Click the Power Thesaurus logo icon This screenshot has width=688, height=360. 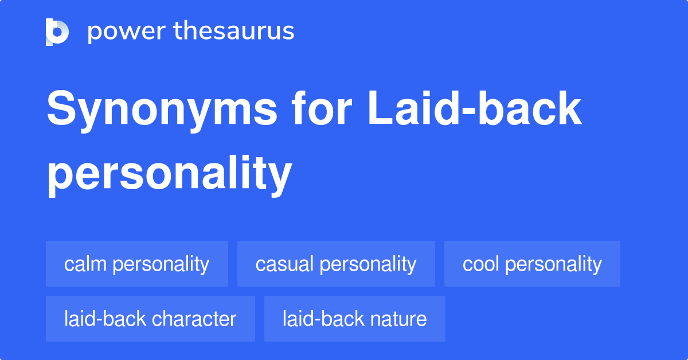(x=57, y=32)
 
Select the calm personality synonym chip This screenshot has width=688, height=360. (x=136, y=264)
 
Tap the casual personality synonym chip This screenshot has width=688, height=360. (x=336, y=264)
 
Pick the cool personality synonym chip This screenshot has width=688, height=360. (x=532, y=264)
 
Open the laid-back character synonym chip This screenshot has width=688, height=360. (x=150, y=319)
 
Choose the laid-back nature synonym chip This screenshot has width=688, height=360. (x=354, y=319)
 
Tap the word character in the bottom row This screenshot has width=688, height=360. (x=194, y=319)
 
